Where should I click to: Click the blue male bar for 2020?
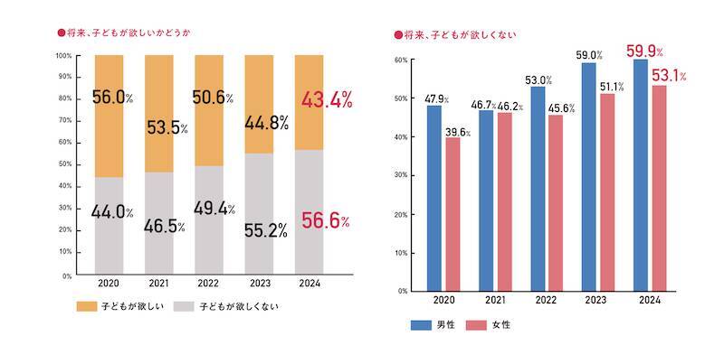pos(434,199)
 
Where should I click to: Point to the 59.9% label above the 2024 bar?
pos(645,51)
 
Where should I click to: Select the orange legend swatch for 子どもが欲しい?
pos(89,305)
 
